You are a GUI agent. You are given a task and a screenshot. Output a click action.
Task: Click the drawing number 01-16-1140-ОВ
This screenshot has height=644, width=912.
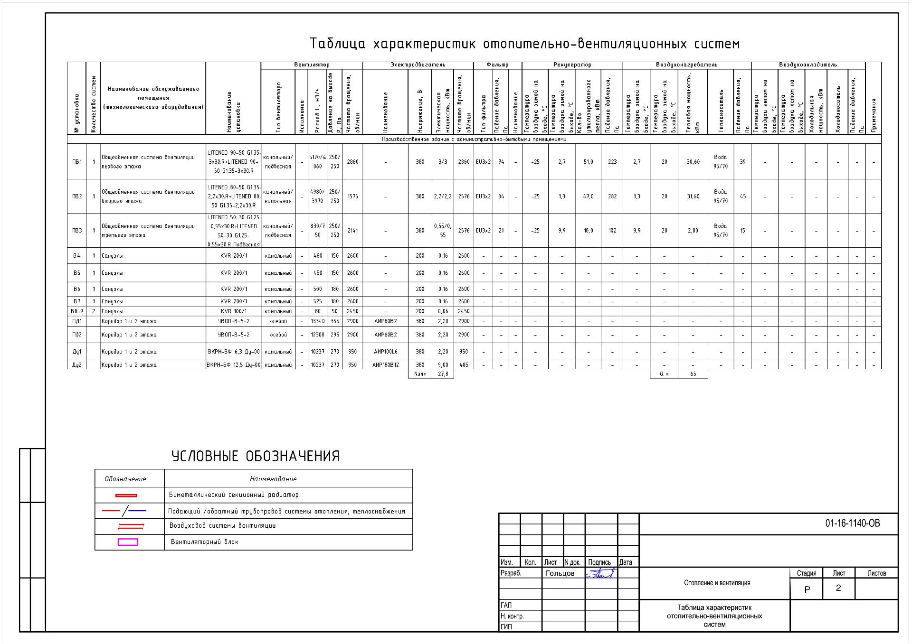pos(852,523)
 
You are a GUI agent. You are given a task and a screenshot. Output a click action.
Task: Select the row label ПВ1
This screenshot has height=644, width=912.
pos(77,162)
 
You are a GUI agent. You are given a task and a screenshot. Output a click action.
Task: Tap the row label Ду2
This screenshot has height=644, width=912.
pos(77,365)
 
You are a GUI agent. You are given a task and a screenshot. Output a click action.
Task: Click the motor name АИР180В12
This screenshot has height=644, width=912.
pos(385,365)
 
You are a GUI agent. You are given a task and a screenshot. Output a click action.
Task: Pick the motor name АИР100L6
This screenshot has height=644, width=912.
pos(385,352)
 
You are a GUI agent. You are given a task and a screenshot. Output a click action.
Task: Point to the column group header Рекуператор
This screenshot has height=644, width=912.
pos(572,65)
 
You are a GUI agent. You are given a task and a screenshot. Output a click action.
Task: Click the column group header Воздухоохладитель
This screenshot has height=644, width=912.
pos(808,65)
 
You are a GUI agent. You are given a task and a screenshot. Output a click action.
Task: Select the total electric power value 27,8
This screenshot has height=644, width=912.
pos(443,374)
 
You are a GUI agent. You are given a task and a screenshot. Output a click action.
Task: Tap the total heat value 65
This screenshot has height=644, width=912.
pos(693,374)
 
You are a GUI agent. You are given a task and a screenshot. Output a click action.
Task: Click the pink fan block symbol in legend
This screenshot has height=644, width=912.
pos(128,542)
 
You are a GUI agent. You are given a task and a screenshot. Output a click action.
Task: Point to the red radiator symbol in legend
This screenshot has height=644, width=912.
pos(126,495)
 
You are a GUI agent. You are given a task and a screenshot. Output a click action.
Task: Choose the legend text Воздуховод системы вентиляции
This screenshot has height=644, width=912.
pos(222,526)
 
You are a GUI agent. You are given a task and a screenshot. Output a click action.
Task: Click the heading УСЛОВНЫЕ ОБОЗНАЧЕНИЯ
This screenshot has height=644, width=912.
pos(256,457)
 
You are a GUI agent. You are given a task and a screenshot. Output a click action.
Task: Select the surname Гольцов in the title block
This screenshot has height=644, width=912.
pos(560,573)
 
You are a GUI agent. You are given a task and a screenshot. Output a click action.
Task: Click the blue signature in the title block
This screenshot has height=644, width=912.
pos(600,573)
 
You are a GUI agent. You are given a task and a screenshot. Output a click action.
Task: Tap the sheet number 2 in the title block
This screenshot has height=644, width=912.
pos(838,588)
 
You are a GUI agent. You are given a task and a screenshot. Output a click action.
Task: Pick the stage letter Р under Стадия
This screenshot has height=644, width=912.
pos(807,589)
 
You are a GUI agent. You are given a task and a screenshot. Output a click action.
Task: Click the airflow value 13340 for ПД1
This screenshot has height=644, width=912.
pos(317,321)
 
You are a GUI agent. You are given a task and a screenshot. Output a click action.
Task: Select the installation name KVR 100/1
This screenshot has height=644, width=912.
pos(234,311)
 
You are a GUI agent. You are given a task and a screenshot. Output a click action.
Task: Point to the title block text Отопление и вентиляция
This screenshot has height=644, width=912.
pos(717,583)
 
